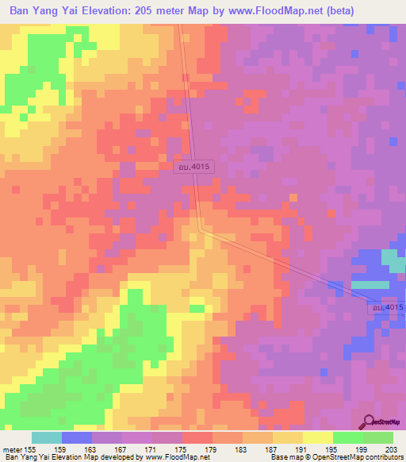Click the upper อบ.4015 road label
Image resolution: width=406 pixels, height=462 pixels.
[x=193, y=166]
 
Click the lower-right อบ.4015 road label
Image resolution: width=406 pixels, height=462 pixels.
[x=386, y=307]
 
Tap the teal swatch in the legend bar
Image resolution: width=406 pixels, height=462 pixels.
[x=47, y=437]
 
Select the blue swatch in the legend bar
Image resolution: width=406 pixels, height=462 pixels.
[x=77, y=437]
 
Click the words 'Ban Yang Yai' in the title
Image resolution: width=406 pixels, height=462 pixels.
[x=37, y=10]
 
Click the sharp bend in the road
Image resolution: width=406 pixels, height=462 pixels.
[x=201, y=229]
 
